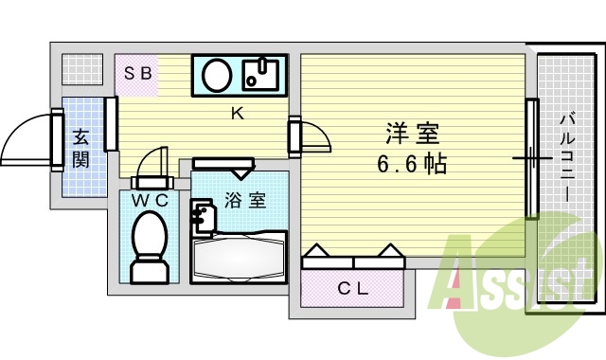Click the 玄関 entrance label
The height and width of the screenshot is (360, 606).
click(80, 147)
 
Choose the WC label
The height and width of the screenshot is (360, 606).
click(150, 201)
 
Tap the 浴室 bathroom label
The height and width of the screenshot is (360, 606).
click(244, 201)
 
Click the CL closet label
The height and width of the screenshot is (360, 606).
click(353, 289)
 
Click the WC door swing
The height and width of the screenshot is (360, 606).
click(151, 163)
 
